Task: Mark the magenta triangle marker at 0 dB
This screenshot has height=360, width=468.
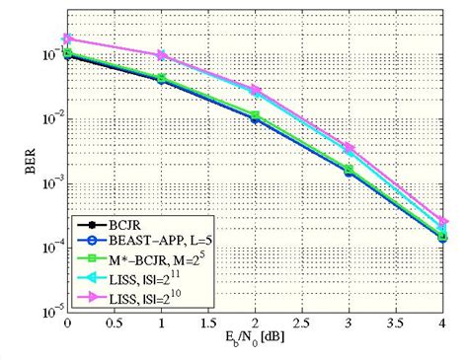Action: (67, 39)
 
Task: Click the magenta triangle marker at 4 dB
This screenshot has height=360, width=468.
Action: (443, 222)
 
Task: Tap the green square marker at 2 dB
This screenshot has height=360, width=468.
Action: (255, 115)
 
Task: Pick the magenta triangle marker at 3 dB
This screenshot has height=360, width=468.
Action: (350, 148)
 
